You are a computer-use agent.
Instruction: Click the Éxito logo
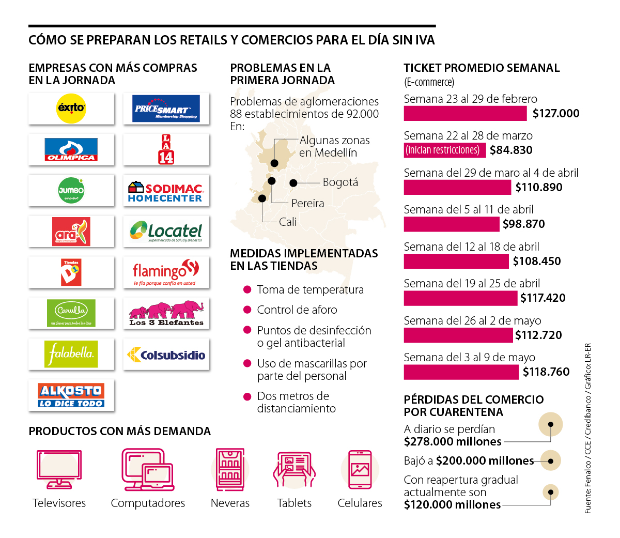pyautogui.click(x=71, y=109)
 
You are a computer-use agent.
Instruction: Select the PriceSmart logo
pyautogui.click(x=166, y=109)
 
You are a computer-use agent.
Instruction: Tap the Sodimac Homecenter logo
pyautogui.click(x=166, y=191)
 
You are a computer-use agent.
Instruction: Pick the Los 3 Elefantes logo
pyautogui.click(x=166, y=313)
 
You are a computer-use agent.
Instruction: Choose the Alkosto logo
pyautogui.click(x=71, y=395)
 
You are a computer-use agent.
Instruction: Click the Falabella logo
pyautogui.click(x=71, y=354)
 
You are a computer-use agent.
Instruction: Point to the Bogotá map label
pyautogui.click(x=340, y=182)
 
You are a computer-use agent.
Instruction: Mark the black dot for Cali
pyautogui.click(x=262, y=198)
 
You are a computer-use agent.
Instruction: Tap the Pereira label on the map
pyautogui.click(x=307, y=204)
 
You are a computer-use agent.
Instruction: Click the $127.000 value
pyautogui.click(x=556, y=114)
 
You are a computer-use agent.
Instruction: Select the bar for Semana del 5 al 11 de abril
pyautogui.click(x=452, y=224)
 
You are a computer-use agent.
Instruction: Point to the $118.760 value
pyautogui.click(x=546, y=372)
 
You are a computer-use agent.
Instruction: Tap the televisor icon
pyautogui.click(x=59, y=469)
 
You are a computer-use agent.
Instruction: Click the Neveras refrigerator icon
pyautogui.click(x=230, y=469)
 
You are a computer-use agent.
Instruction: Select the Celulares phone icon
pyautogui.click(x=360, y=469)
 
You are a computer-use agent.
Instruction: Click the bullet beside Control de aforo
pyautogui.click(x=247, y=310)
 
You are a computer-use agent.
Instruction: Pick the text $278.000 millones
pyautogui.click(x=453, y=442)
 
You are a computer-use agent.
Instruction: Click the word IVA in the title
pyautogui.click(x=425, y=40)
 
